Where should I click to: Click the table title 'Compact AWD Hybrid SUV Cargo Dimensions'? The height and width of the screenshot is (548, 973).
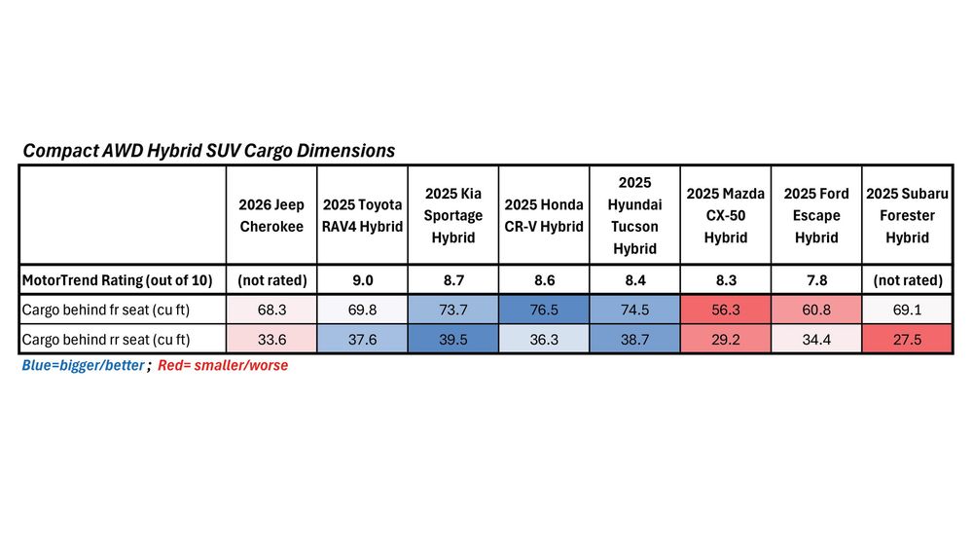(208, 151)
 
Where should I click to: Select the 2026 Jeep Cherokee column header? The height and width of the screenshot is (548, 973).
(271, 215)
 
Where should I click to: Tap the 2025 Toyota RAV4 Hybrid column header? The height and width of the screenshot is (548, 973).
(362, 215)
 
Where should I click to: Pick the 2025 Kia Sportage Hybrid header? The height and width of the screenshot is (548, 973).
(452, 215)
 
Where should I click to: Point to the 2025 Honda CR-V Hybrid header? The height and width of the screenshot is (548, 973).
(544, 215)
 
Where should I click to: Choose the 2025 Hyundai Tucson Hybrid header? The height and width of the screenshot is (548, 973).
(634, 215)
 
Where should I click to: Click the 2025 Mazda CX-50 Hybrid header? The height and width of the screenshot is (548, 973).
(725, 215)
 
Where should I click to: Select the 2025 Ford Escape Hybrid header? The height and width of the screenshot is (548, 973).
(816, 215)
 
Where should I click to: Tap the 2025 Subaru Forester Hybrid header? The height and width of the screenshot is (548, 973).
(907, 215)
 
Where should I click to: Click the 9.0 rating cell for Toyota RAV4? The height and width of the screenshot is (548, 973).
(362, 280)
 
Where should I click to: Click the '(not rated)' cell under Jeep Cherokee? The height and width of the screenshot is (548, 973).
(271, 280)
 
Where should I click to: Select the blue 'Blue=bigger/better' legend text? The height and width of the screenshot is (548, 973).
(84, 366)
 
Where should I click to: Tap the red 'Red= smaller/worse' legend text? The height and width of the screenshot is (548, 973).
(223, 366)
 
